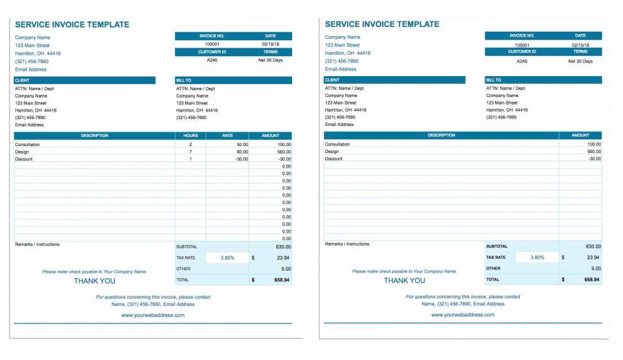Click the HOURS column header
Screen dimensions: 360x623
coord(191,136)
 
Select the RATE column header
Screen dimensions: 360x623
coord(227,136)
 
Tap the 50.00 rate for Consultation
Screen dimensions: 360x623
coord(242,145)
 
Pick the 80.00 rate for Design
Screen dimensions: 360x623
coord(242,152)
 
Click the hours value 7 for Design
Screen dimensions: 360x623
coord(190,152)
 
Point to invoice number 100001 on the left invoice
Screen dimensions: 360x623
coord(212,44)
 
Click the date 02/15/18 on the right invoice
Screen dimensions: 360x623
coord(580,45)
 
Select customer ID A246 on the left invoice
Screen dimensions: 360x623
coord(212,60)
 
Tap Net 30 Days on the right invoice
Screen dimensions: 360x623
coord(580,61)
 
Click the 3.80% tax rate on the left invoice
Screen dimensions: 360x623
coord(227,258)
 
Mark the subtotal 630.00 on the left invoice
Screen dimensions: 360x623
coord(282,246)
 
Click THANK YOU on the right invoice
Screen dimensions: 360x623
coord(404,281)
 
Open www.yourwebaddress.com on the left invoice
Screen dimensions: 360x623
coord(153,315)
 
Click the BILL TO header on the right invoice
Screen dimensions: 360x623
coord(494,80)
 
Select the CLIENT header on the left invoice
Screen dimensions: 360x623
coord(22,80)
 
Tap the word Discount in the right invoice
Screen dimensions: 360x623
coord(334,159)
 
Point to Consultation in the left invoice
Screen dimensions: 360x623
coord(28,145)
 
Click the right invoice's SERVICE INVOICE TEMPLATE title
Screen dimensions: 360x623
coord(382,24)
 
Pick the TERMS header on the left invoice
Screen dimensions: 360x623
coord(270,52)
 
